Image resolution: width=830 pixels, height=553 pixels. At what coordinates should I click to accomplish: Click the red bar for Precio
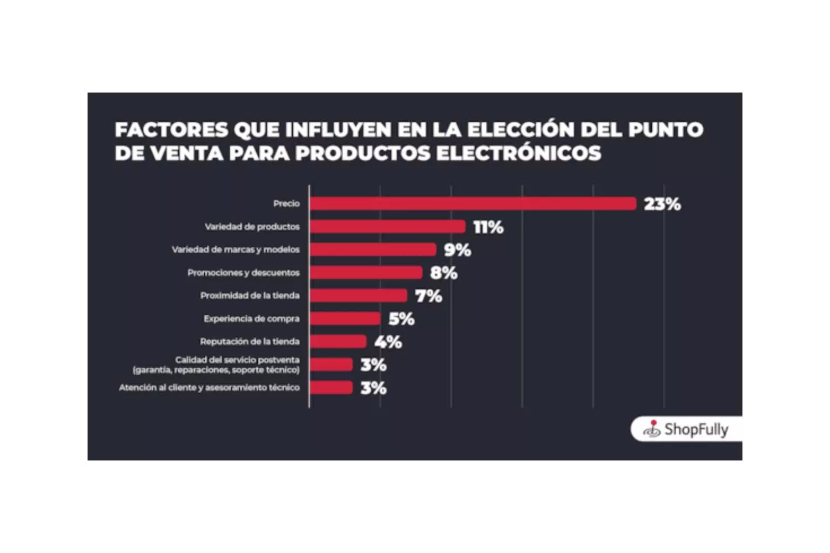pyautogui.click(x=473, y=204)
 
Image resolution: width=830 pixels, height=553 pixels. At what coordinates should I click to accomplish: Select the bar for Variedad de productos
pyautogui.click(x=387, y=227)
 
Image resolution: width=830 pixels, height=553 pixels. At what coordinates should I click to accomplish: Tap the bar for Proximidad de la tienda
pyautogui.click(x=359, y=296)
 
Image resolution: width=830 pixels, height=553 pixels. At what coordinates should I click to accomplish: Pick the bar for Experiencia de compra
pyautogui.click(x=345, y=319)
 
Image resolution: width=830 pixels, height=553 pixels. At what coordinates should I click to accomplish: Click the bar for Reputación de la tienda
pyautogui.click(x=338, y=342)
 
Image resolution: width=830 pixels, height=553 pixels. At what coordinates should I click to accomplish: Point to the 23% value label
pyautogui.click(x=662, y=204)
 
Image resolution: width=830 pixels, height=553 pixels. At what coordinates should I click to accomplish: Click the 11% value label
pyautogui.click(x=488, y=227)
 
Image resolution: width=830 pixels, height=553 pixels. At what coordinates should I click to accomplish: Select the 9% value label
pyautogui.click(x=458, y=250)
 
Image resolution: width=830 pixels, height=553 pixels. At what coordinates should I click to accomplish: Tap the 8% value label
pyautogui.click(x=444, y=273)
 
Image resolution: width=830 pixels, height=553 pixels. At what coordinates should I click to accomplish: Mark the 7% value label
pyautogui.click(x=429, y=296)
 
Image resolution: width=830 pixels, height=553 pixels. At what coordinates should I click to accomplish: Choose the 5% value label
pyautogui.click(x=401, y=319)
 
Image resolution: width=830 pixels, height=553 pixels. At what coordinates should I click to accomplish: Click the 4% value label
pyautogui.click(x=388, y=342)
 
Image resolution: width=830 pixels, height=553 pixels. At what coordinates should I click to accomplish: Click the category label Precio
pyautogui.click(x=286, y=204)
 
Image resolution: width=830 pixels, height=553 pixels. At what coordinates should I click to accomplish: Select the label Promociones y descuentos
pyautogui.click(x=243, y=273)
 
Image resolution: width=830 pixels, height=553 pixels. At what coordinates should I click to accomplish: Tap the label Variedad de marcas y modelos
pyautogui.click(x=236, y=250)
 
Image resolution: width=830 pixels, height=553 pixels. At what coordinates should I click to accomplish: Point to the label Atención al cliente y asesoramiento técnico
pyautogui.click(x=209, y=388)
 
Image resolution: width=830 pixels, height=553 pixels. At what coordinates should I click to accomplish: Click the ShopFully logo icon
pyautogui.click(x=652, y=429)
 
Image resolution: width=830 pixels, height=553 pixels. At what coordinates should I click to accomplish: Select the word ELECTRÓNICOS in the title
pyautogui.click(x=519, y=153)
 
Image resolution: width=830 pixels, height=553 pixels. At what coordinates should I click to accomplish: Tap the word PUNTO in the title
pyautogui.click(x=666, y=130)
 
